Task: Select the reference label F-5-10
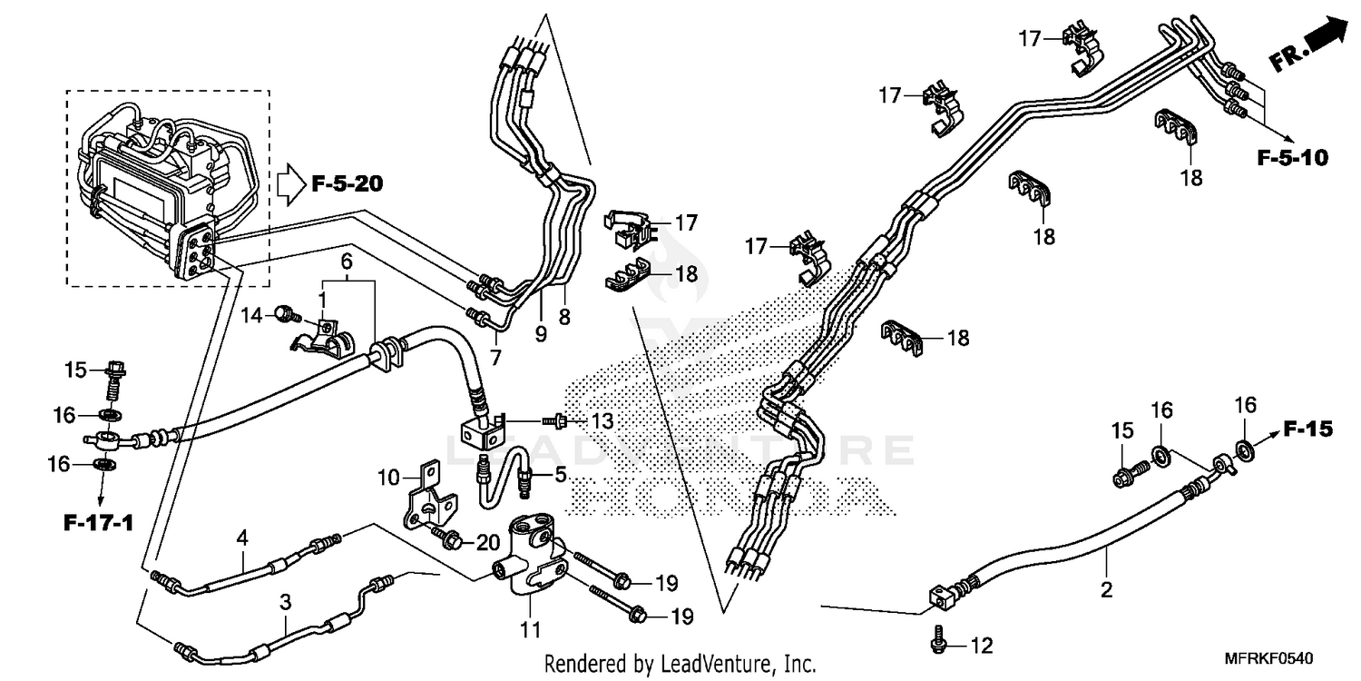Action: [x=1292, y=158]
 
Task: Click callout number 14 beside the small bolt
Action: [x=253, y=315]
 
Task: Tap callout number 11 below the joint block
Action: [x=530, y=628]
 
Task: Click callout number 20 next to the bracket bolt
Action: [x=487, y=542]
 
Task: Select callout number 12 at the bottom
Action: [x=982, y=646]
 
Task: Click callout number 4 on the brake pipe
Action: [x=242, y=537]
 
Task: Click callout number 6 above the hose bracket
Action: [x=346, y=261]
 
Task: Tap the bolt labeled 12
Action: [x=938, y=641]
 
